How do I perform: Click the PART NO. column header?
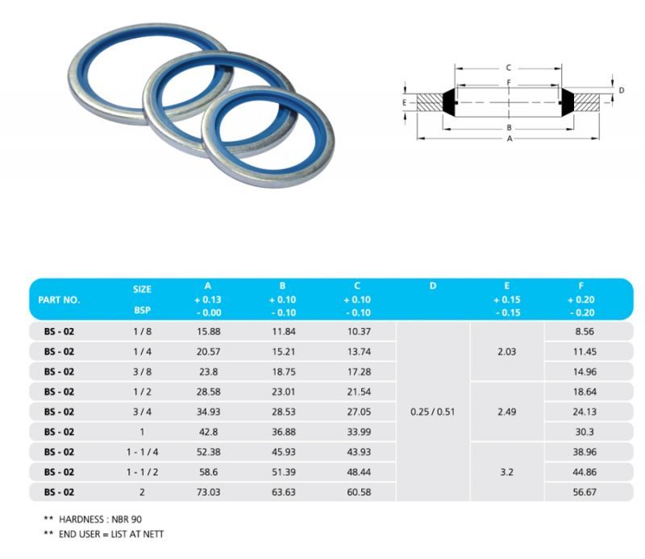[59, 300]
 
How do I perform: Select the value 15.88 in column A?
[209, 331]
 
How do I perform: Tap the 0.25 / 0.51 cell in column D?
[433, 412]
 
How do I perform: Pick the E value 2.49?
[507, 412]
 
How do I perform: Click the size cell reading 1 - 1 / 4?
[143, 452]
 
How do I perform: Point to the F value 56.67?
[585, 492]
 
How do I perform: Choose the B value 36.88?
[284, 432]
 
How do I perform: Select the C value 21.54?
[359, 391]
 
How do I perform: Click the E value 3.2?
[507, 472]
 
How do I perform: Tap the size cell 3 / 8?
[143, 371]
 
